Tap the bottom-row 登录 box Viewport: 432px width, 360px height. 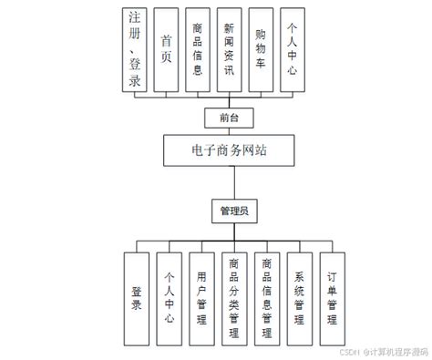coord(137,298)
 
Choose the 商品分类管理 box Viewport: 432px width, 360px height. coord(234,298)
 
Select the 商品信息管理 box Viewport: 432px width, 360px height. coord(266,298)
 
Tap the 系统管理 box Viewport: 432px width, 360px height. coord(299,298)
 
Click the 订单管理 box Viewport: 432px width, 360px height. coord(332,298)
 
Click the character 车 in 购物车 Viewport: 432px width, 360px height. coord(261,65)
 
